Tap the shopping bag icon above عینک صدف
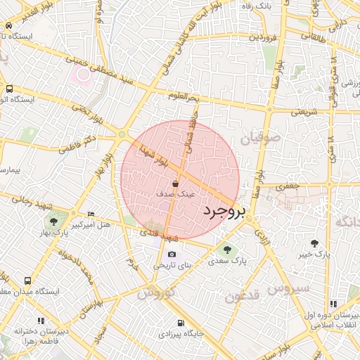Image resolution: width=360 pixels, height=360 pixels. click(x=174, y=183)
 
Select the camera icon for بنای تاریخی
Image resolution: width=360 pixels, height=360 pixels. click(x=172, y=255)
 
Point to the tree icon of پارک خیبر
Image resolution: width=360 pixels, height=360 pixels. click(x=314, y=243)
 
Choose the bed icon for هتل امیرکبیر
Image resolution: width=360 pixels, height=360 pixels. click(x=91, y=214)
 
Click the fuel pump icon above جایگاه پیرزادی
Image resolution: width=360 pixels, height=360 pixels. click(x=181, y=323)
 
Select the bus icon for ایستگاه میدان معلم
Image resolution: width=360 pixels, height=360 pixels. click(x=28, y=280)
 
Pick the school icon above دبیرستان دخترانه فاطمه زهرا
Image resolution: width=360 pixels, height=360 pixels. click(x=41, y=321)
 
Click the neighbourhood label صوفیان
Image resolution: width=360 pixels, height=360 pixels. click(x=260, y=139)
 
